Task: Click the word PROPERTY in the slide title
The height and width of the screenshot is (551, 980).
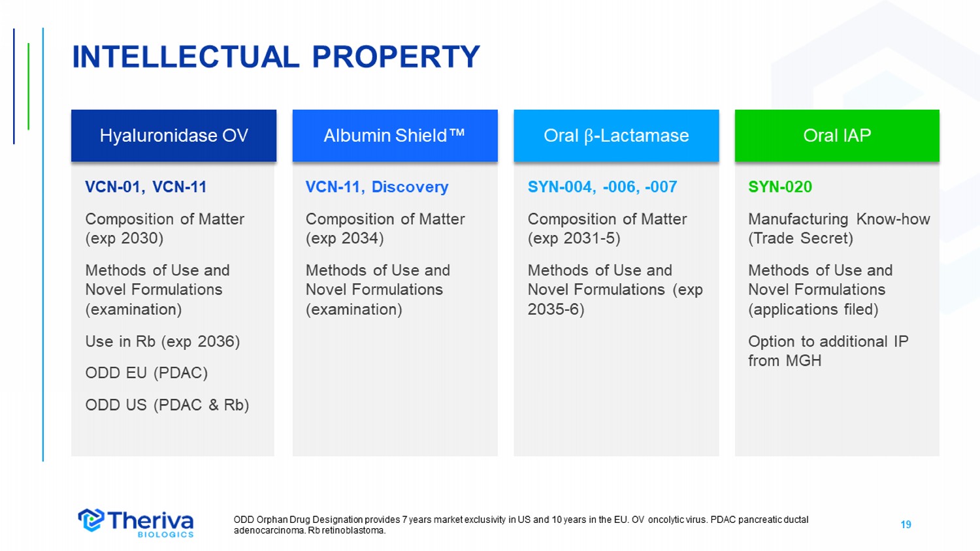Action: point(396,57)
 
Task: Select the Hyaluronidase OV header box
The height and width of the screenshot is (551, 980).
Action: point(174,136)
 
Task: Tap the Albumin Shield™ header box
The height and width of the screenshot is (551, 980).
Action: point(395,136)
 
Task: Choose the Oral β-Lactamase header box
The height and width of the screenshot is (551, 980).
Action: point(617,136)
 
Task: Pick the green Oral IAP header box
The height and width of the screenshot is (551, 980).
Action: point(837,136)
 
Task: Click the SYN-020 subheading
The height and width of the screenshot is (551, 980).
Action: point(780,187)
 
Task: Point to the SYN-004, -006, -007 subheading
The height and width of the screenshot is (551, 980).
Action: point(602,187)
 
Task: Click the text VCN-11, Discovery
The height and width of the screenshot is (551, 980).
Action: point(377,187)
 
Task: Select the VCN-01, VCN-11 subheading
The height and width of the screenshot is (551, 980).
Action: point(146,187)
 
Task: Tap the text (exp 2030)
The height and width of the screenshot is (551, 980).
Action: point(124,238)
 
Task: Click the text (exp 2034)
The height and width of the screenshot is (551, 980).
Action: point(345,238)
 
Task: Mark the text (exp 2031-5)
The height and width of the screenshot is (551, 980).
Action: point(574,238)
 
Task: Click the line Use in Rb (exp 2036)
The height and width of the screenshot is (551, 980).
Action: point(163,341)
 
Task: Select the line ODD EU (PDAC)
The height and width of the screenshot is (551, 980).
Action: point(146,373)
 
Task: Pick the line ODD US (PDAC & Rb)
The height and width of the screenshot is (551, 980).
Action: point(167,405)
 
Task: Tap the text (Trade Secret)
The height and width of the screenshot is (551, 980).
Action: point(800,238)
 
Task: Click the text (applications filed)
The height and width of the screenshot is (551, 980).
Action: point(813,309)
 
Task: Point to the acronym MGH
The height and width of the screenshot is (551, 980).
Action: point(804,361)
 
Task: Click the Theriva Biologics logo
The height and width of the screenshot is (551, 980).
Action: point(136,522)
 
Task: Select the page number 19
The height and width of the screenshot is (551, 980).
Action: point(906,524)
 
